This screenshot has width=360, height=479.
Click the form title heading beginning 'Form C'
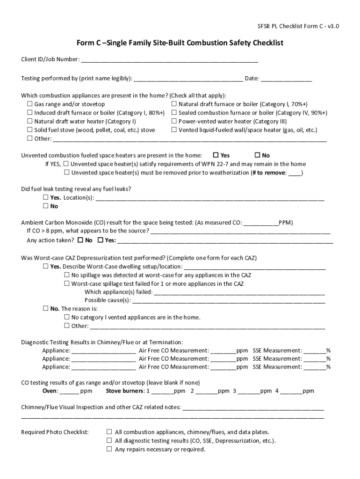pos(180,43)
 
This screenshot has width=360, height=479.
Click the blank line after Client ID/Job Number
pos(169,60)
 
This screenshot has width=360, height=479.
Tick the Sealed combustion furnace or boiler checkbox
pos(174,113)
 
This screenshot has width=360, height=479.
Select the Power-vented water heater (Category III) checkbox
pos(174,121)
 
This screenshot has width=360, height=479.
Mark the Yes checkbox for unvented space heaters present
pos(216,155)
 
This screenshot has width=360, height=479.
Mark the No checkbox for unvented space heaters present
pos(257,155)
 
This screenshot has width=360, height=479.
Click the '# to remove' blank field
pos(295,173)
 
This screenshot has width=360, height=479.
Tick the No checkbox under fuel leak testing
pos(46,206)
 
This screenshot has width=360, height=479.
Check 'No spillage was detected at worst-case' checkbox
pos(67,275)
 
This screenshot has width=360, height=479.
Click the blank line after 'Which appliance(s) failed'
pos(239,292)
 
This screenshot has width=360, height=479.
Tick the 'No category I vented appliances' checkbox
pos(67,317)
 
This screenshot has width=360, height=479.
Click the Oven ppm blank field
pos(69,392)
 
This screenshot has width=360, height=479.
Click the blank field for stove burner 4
pos(291,392)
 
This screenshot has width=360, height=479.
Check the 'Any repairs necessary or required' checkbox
pos(109,449)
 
